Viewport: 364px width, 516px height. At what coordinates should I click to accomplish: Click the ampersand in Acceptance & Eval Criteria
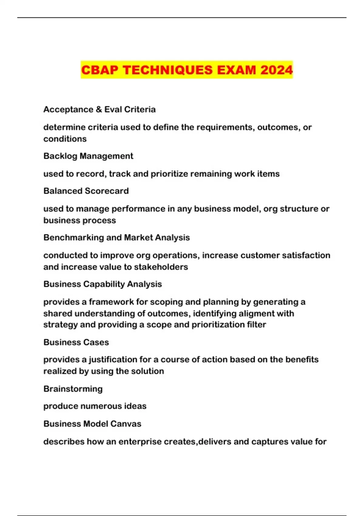click(99, 110)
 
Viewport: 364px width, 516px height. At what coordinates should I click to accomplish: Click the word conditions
click(65, 139)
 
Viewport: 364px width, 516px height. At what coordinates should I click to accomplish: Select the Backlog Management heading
click(88, 156)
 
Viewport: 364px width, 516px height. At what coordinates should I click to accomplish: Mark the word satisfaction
click(306, 255)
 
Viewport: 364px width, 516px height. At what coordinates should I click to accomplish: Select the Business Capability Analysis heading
click(103, 284)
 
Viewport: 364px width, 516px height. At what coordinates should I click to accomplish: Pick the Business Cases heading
click(76, 342)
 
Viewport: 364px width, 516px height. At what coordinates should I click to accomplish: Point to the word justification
click(113, 360)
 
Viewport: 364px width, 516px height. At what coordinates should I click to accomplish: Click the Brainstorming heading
click(73, 389)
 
